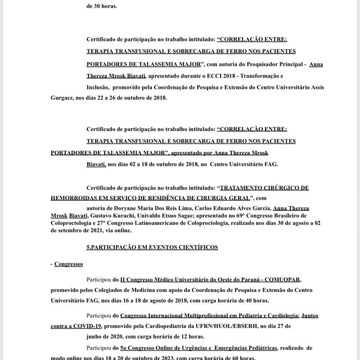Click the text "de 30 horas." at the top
(102, 6)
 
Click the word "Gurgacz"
(64, 97)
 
